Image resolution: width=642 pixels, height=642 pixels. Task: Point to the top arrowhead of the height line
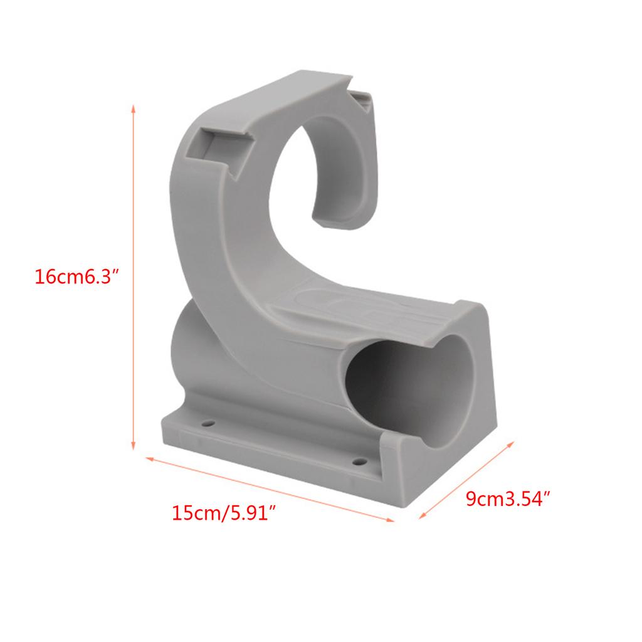point(133,108)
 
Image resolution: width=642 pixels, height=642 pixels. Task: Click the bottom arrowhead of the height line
point(133,447)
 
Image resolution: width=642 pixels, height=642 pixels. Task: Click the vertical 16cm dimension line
point(133,276)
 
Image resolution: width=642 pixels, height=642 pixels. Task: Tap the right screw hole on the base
point(359,461)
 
